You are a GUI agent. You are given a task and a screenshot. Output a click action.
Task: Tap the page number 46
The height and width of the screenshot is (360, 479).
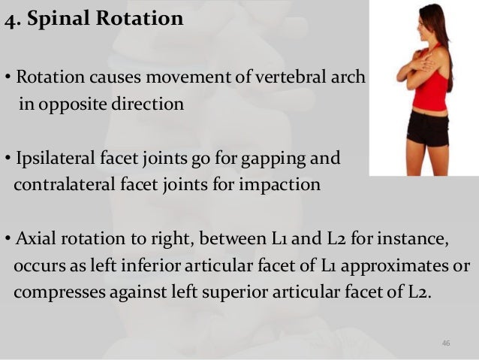446,343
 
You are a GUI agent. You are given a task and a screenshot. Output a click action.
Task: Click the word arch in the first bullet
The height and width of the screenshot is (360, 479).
349,77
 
